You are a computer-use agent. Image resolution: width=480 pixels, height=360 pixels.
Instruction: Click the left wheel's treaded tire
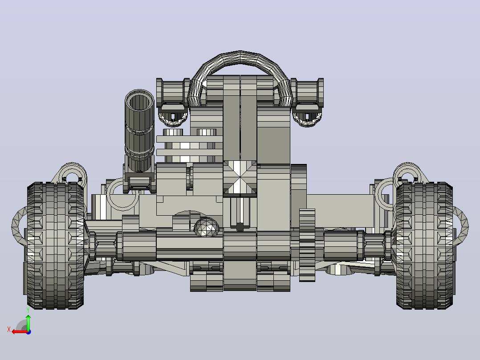[x=55, y=245]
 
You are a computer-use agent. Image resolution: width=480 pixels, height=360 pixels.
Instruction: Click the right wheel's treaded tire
[x=424, y=245]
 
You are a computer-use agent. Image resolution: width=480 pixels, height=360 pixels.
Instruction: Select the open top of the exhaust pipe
[x=140, y=101]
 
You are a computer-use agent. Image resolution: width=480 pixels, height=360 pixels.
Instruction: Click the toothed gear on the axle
[x=307, y=245]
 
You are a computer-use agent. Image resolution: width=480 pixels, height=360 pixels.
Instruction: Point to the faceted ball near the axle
[x=207, y=227]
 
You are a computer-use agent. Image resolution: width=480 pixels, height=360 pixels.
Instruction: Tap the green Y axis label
[x=28, y=311]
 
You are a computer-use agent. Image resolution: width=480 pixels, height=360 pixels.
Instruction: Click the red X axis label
[x=9, y=329]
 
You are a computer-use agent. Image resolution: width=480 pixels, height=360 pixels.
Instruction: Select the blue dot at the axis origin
[x=28, y=332]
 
